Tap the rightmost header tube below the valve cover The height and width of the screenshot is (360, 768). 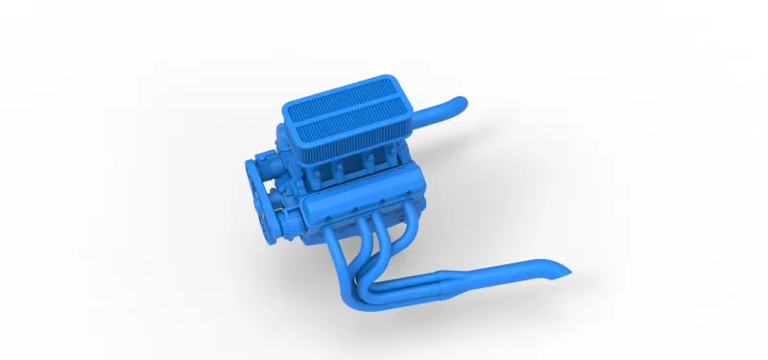click(x=409, y=230)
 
